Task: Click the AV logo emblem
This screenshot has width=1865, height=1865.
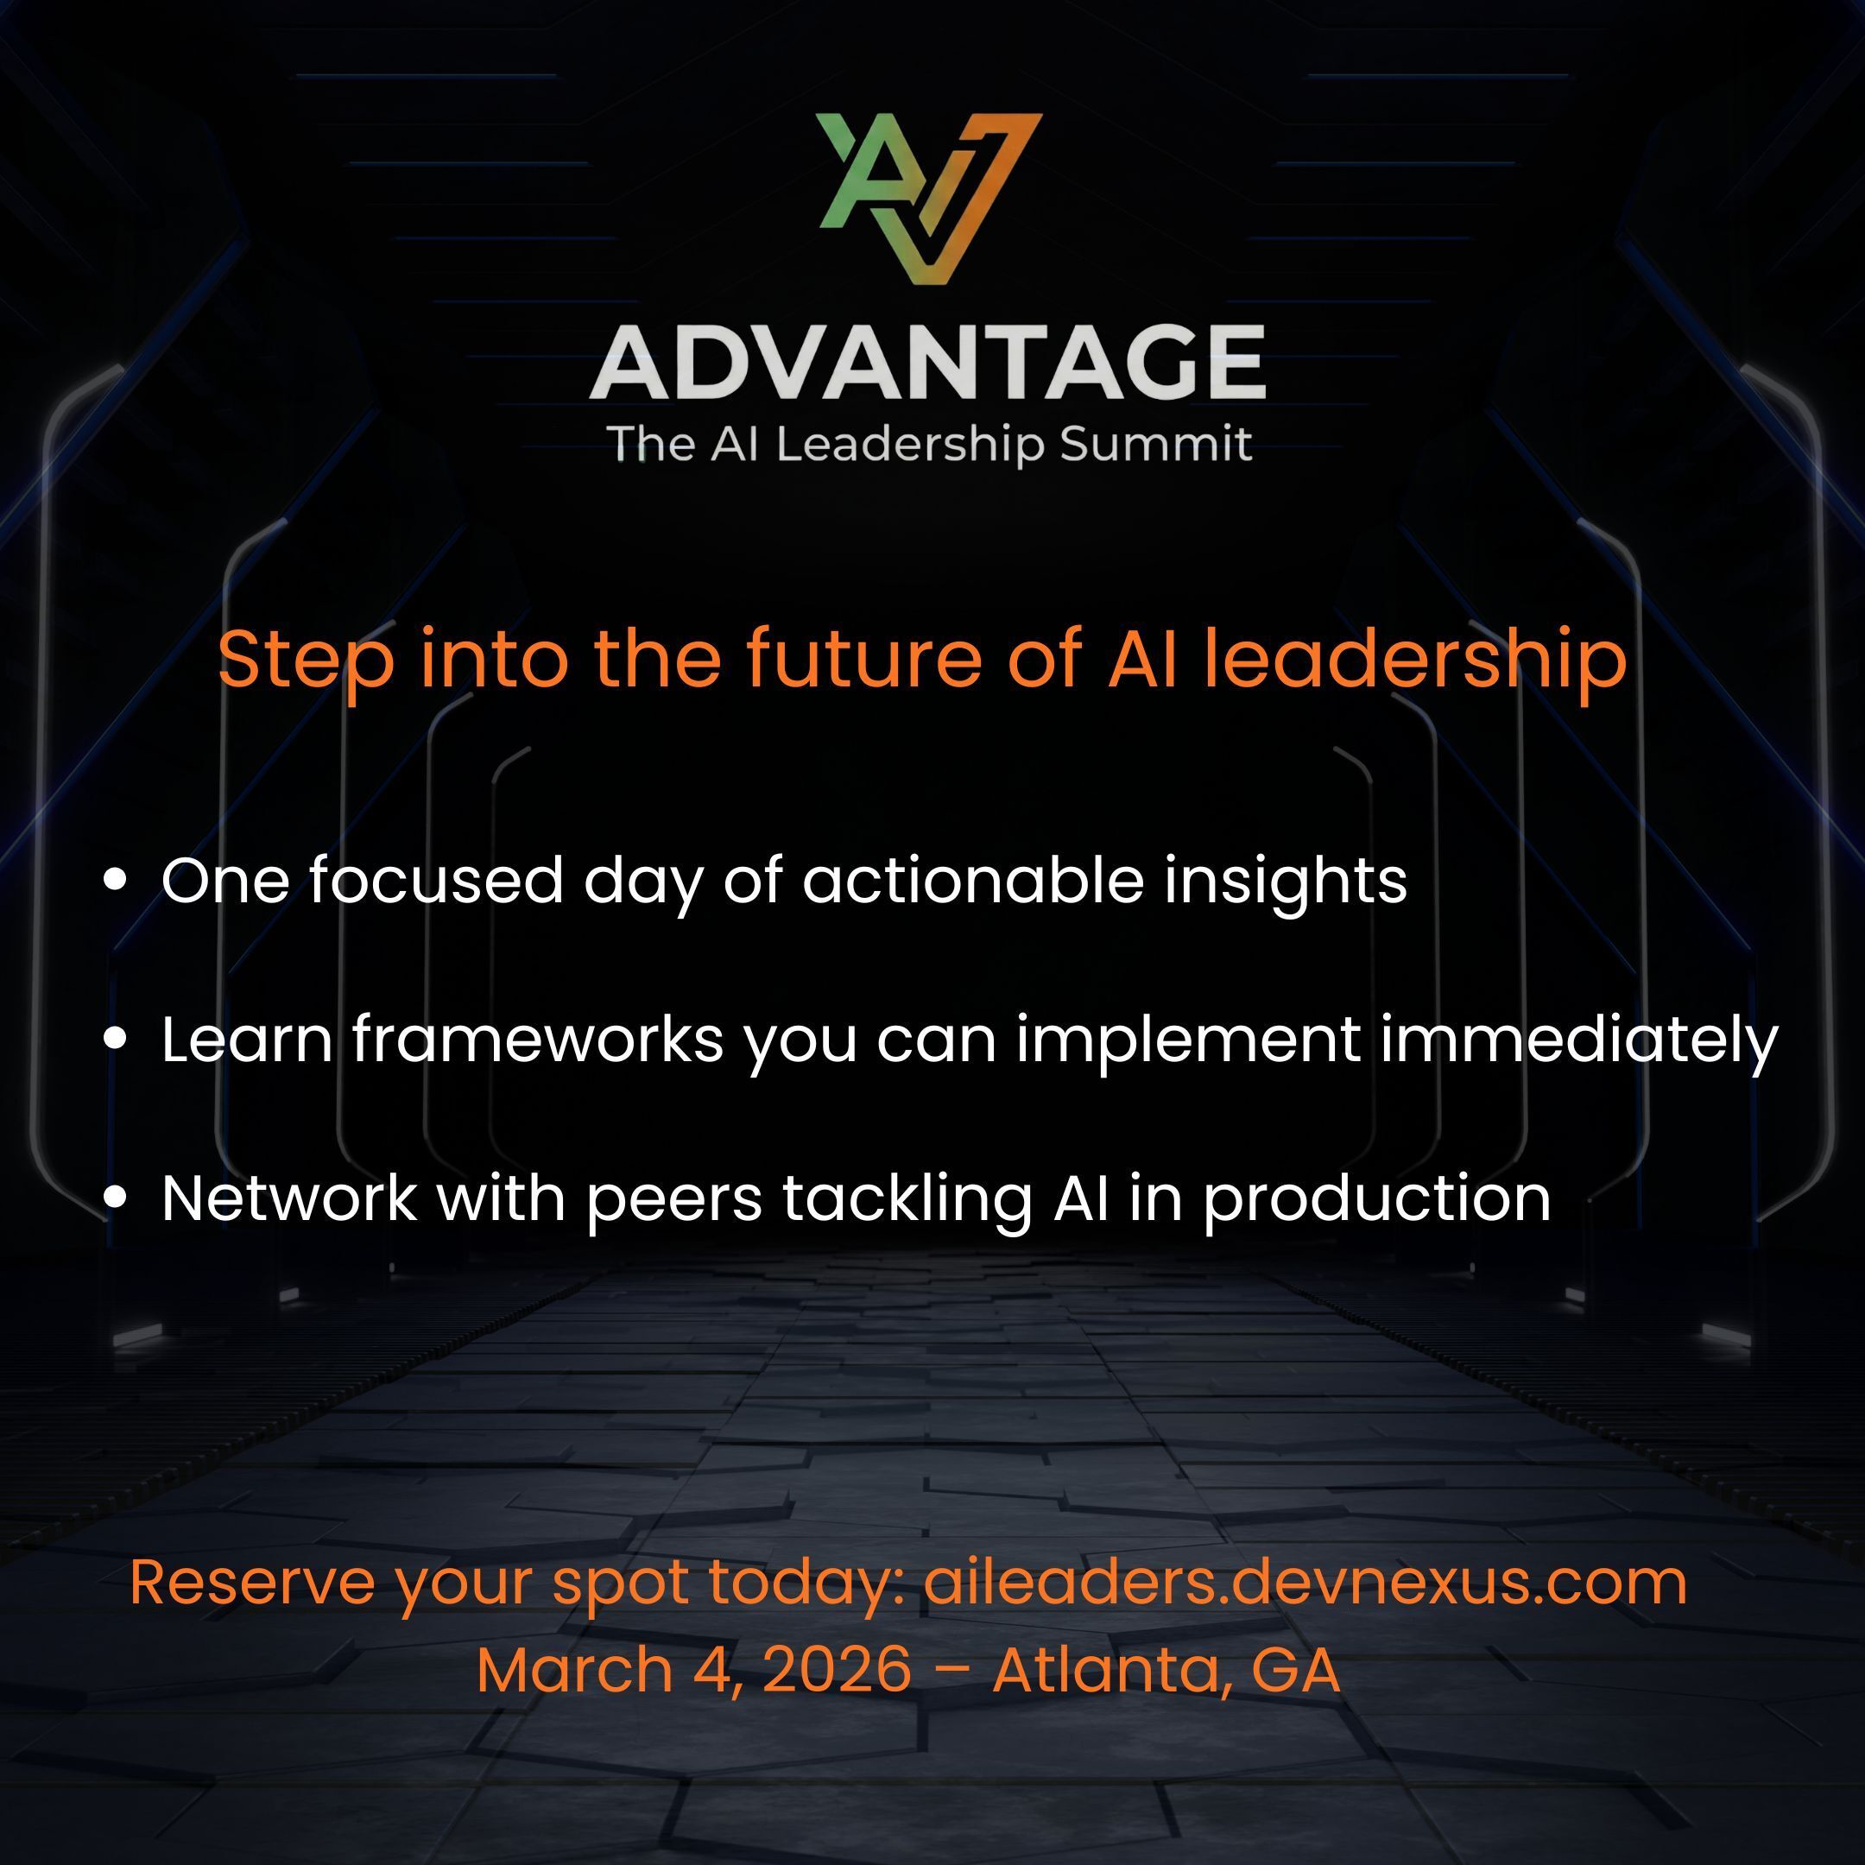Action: click(931, 199)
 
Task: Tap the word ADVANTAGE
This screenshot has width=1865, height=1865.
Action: click(927, 362)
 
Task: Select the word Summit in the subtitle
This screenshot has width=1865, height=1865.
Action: click(1154, 444)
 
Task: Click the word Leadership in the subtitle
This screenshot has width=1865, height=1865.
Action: click(909, 445)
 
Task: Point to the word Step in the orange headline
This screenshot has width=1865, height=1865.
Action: click(306, 661)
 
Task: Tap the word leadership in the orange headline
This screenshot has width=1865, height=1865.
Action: click(1415, 661)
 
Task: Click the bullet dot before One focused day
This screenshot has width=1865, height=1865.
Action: click(116, 881)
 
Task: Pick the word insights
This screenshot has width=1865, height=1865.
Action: click(1285, 882)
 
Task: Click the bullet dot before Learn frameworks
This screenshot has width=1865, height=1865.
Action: click(116, 1040)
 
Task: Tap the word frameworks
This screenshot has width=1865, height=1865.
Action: click(538, 1039)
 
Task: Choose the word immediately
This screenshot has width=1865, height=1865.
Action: click(1578, 1040)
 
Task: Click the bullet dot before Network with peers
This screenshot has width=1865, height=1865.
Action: click(116, 1198)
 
